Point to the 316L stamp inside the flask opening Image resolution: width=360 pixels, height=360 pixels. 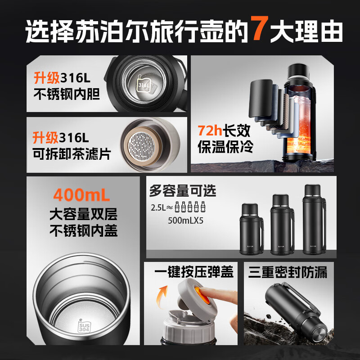click(x=144, y=84)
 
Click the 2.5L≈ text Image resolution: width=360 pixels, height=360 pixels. click(x=162, y=208)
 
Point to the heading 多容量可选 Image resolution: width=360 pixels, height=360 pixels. click(x=183, y=190)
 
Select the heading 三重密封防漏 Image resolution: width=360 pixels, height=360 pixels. click(x=288, y=272)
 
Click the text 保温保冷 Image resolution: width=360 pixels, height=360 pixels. click(x=225, y=147)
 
